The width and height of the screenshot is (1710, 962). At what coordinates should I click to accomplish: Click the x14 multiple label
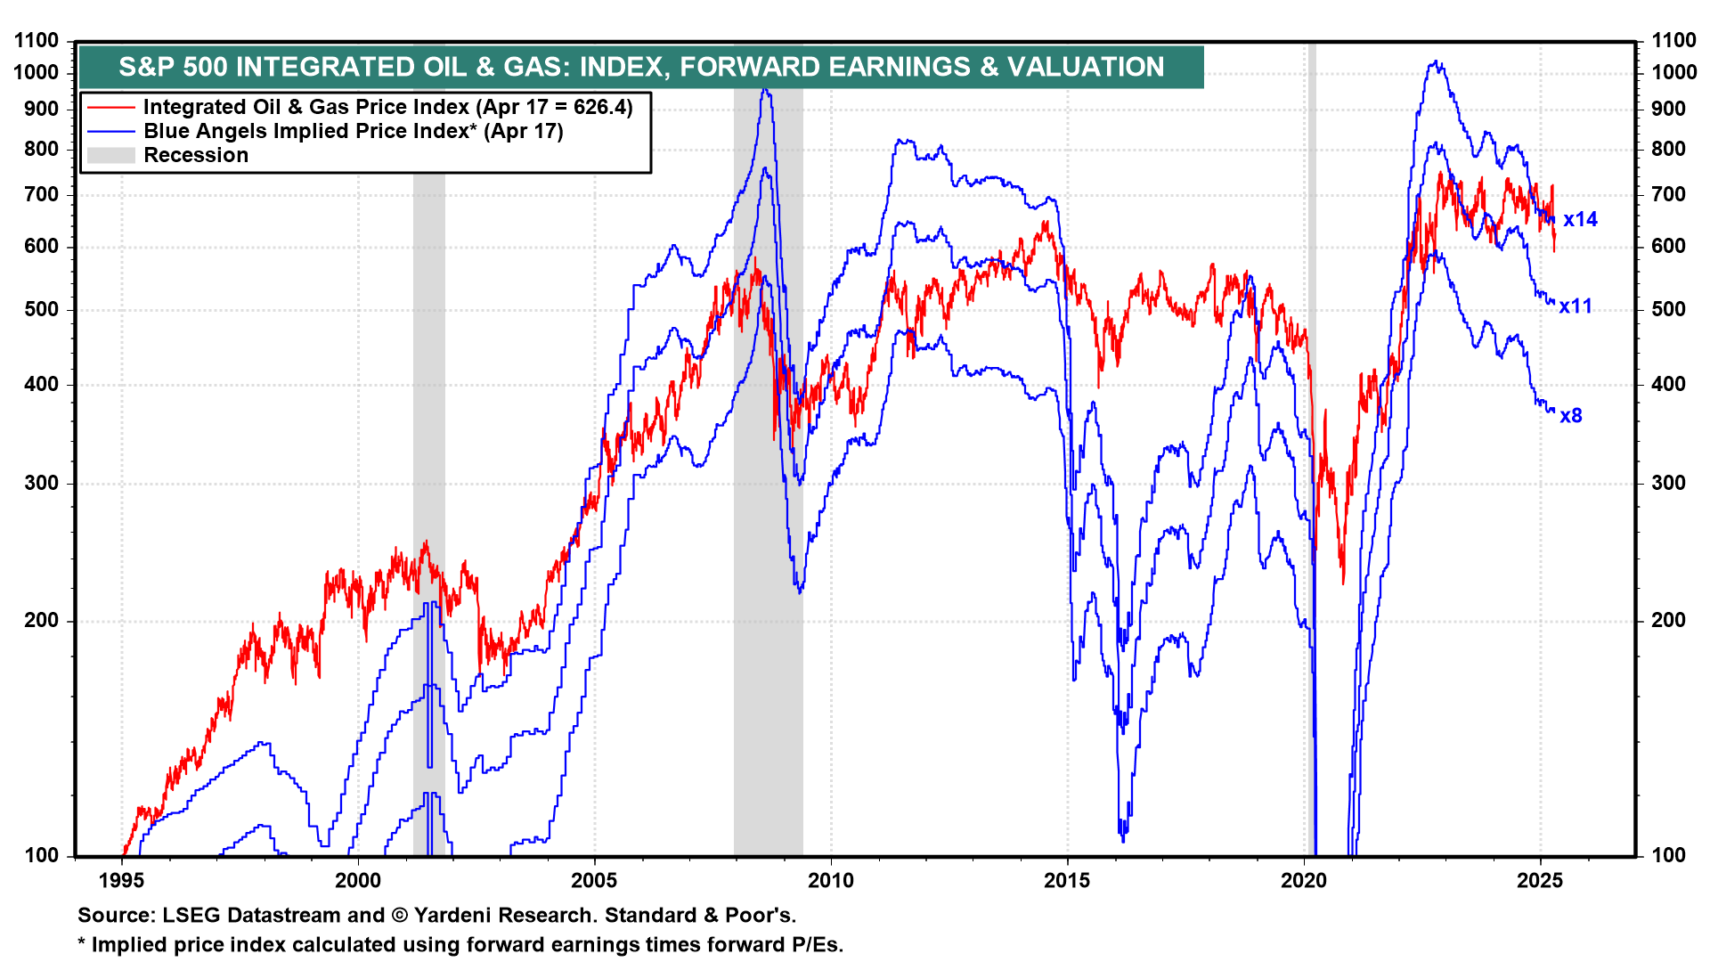1580,219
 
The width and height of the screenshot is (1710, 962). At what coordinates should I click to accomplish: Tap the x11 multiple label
1575,306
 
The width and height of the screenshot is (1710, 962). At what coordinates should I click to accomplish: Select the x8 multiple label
1570,416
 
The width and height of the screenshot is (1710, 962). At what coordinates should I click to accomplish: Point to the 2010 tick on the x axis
830,881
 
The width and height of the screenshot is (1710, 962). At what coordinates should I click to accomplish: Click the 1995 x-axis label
121,881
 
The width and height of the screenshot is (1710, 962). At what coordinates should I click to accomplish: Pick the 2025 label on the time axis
1540,881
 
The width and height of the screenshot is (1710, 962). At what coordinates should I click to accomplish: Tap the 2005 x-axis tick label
594,881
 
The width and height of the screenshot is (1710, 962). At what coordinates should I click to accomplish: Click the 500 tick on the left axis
41,310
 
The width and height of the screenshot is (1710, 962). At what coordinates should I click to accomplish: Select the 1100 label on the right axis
1674,40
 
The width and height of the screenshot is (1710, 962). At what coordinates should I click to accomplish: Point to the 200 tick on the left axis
41,621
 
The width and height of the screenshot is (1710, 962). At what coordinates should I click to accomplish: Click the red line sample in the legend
111,108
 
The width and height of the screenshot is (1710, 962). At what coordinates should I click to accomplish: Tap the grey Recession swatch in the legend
111,156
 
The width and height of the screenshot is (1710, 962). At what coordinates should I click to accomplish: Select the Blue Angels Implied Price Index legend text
353,132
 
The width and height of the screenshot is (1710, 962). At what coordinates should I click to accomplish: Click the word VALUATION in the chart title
1085,67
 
